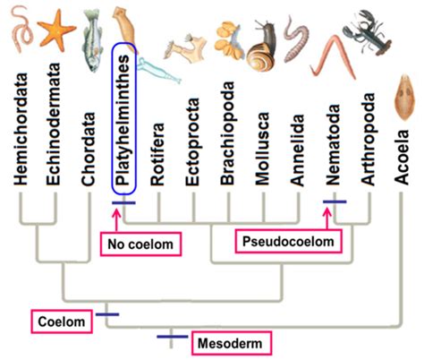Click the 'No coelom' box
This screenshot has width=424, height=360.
[x=138, y=242]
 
